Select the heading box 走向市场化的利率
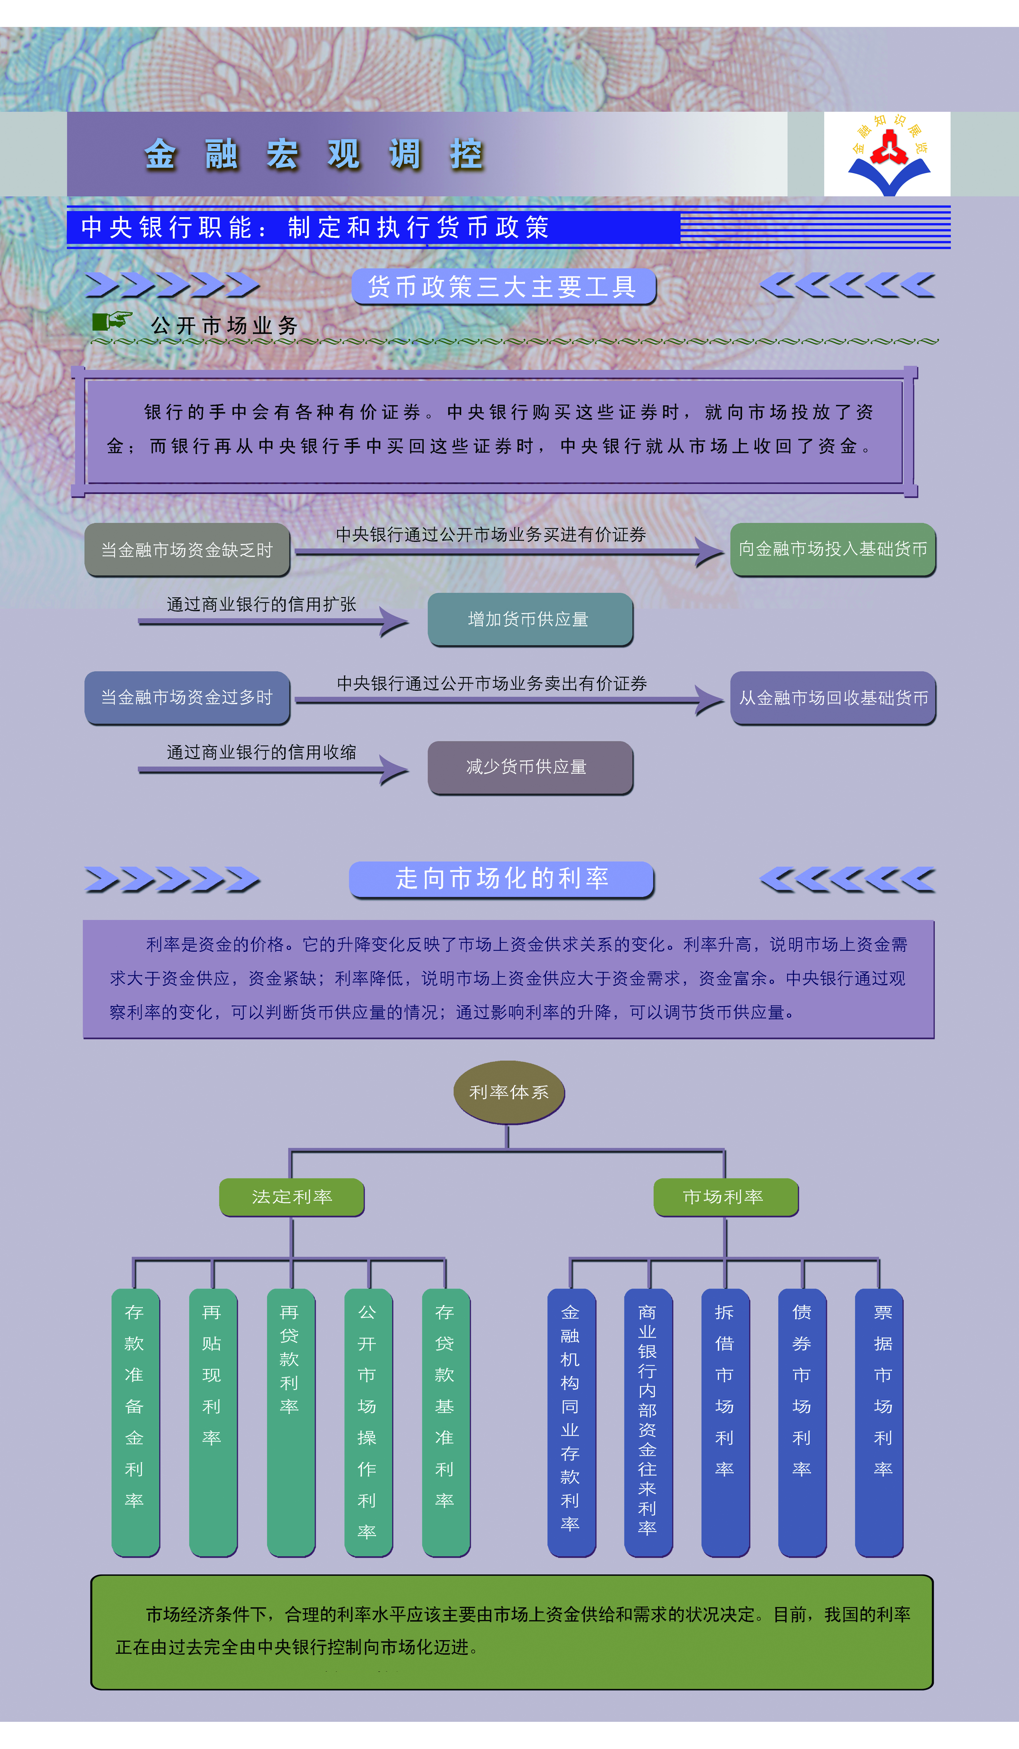[501, 879]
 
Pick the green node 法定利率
[292, 1196]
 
